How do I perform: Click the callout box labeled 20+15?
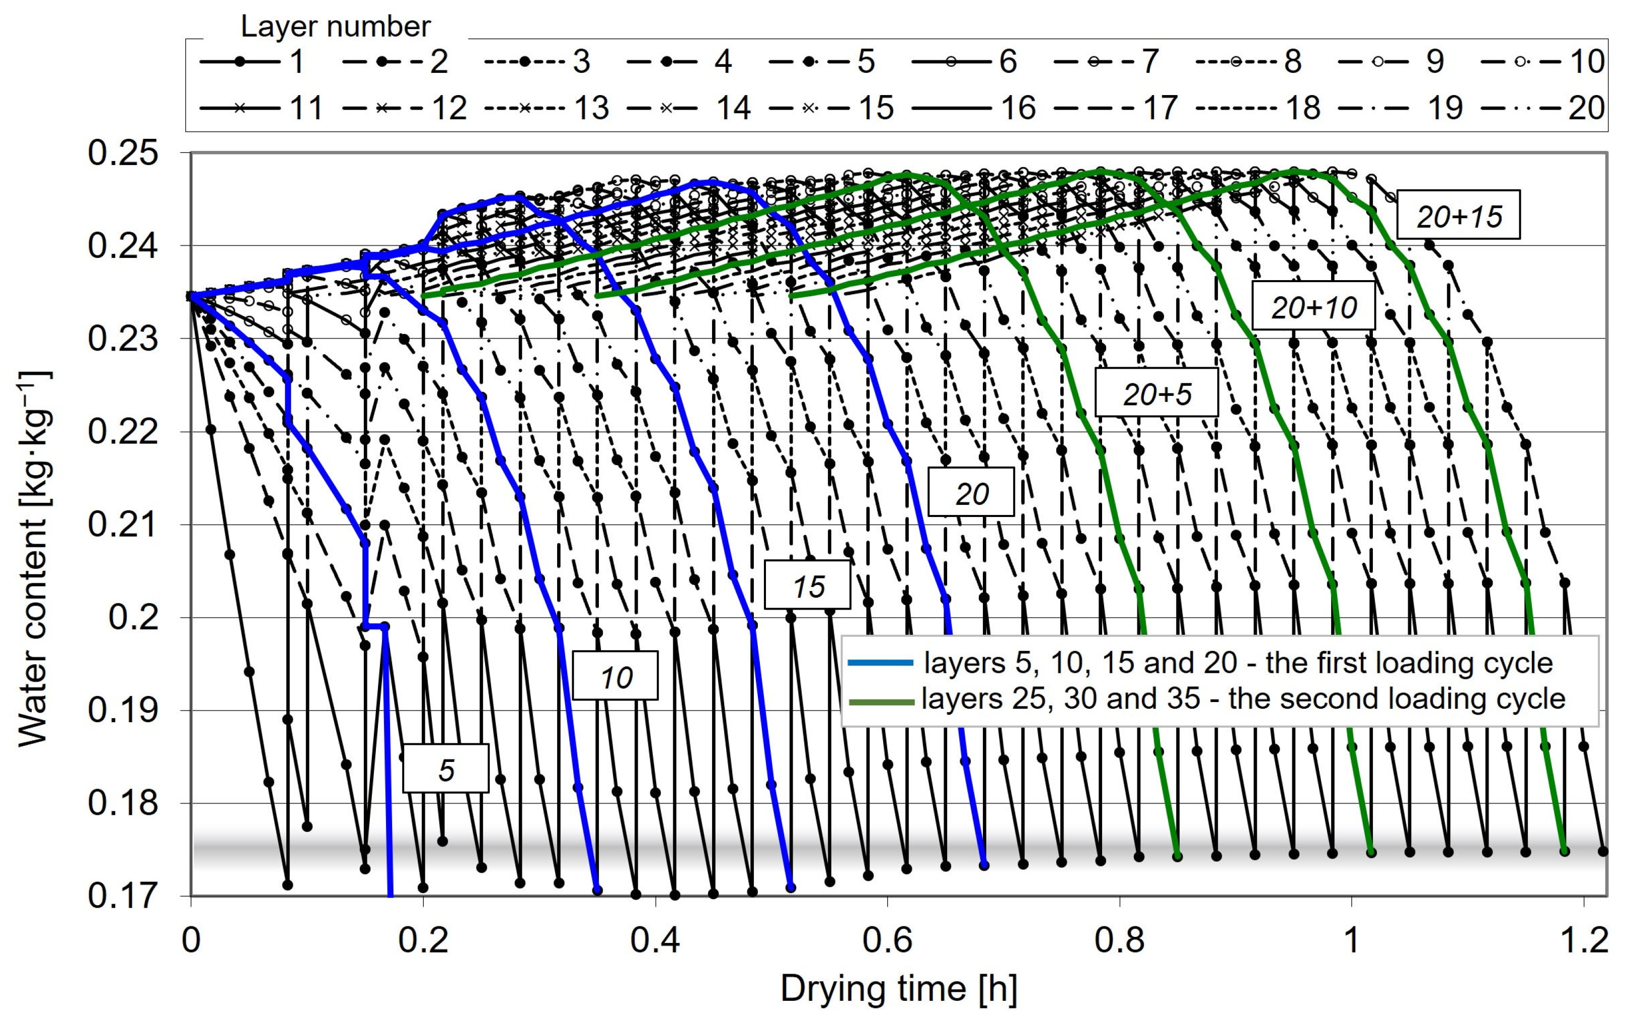(x=1458, y=215)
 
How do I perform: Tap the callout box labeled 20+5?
(x=1156, y=393)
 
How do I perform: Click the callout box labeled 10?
(x=615, y=675)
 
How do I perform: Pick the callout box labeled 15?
(x=807, y=585)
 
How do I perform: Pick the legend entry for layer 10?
(x=1543, y=61)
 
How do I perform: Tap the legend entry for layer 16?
(x=973, y=108)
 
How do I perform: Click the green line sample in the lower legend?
(x=881, y=702)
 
